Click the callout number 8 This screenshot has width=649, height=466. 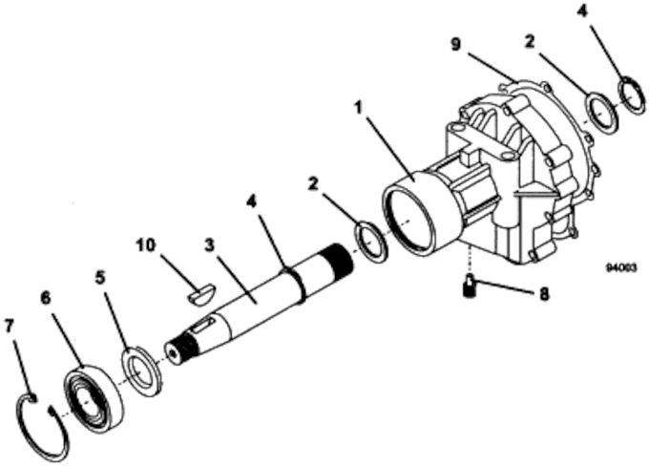point(544,294)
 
